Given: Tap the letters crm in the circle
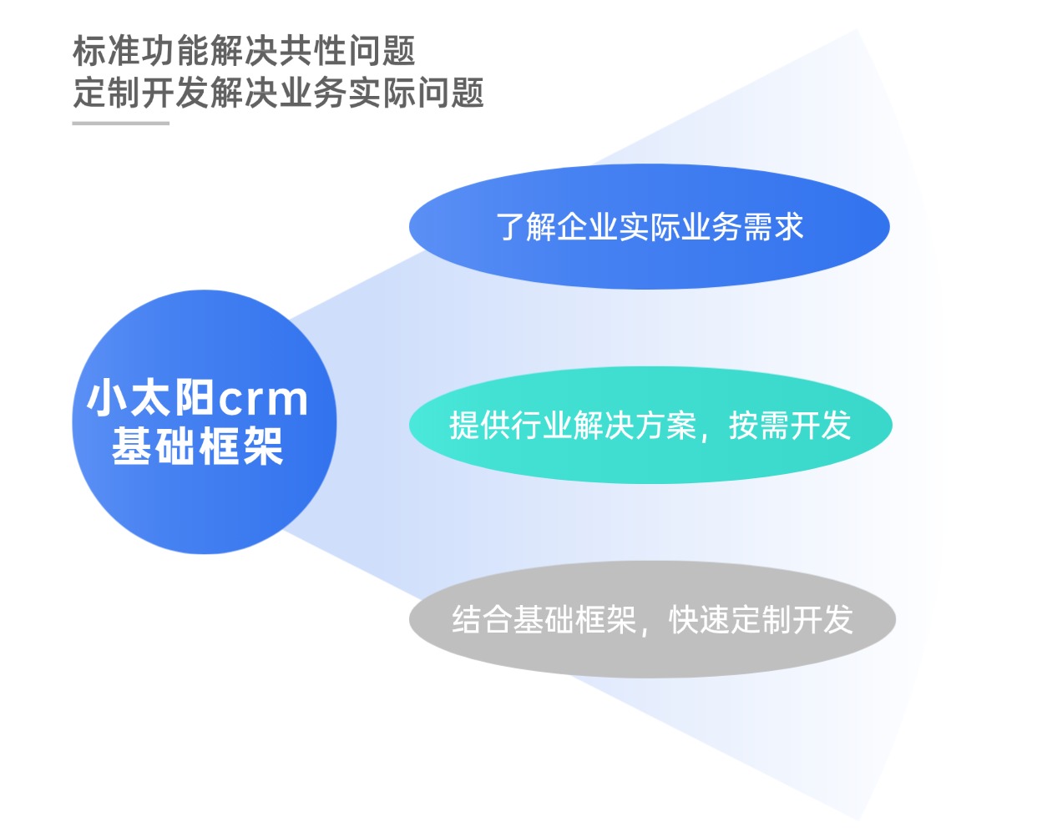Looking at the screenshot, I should point(263,399).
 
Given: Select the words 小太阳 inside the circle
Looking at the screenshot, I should point(150,398).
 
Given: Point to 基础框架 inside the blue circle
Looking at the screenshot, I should point(198,446).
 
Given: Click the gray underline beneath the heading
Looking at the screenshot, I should point(121,124).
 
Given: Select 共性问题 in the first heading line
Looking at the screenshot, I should point(347,51).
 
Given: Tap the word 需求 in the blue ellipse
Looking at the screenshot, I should point(772,227).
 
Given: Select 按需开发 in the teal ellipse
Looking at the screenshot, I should point(790,426).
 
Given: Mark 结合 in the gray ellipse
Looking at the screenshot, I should point(482,620).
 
